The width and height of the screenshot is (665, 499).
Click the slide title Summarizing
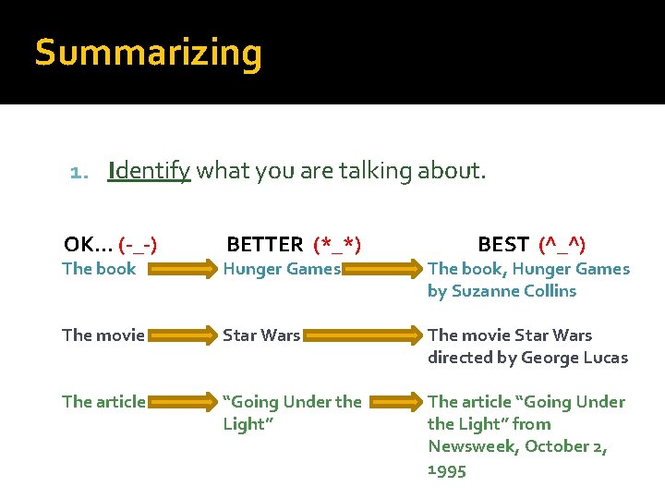click(x=148, y=54)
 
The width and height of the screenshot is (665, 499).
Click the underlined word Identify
click(x=149, y=171)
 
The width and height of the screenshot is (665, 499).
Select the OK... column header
click(x=89, y=244)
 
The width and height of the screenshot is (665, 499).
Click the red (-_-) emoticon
click(x=138, y=245)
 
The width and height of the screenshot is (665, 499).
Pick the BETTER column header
click(x=265, y=245)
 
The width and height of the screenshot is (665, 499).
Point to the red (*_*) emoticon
click(x=337, y=245)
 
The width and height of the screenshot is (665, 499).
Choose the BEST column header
click(x=503, y=245)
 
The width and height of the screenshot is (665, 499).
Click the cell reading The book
click(x=99, y=269)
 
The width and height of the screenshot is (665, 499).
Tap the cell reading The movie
click(x=103, y=335)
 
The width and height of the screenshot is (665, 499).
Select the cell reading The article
click(x=103, y=402)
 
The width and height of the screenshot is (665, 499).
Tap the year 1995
click(x=447, y=469)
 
